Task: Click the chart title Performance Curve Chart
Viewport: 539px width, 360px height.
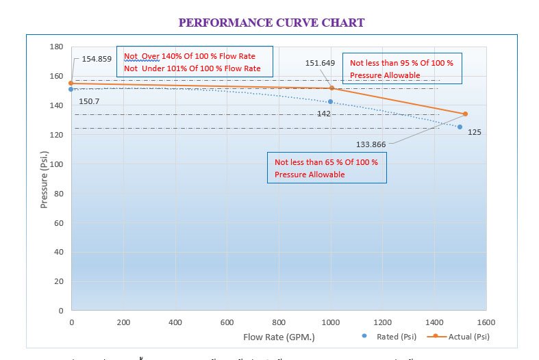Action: coord(271,23)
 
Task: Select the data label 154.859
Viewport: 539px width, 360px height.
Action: coord(97,59)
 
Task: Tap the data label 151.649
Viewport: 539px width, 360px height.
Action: coord(320,63)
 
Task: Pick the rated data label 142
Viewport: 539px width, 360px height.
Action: coord(324,114)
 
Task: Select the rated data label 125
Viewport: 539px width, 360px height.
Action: coord(475,131)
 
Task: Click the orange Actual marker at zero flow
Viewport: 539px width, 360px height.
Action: coord(71,83)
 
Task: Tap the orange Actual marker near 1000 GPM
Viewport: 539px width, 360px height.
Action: coord(332,88)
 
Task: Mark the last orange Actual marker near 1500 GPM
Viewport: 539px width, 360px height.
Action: coord(465,114)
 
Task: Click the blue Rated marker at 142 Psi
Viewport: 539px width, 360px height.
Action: coord(330,102)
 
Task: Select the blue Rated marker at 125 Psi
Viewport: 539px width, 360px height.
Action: coord(460,127)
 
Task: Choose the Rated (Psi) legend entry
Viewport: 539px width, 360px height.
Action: coord(390,336)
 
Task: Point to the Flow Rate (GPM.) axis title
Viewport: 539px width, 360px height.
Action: coord(279,337)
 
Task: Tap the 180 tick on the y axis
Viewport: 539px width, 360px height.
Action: coord(56,47)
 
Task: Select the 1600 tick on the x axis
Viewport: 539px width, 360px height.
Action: coord(486,322)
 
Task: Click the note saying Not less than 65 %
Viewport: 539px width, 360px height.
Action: coord(327,168)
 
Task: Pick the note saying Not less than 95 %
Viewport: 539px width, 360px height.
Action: coord(401,68)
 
